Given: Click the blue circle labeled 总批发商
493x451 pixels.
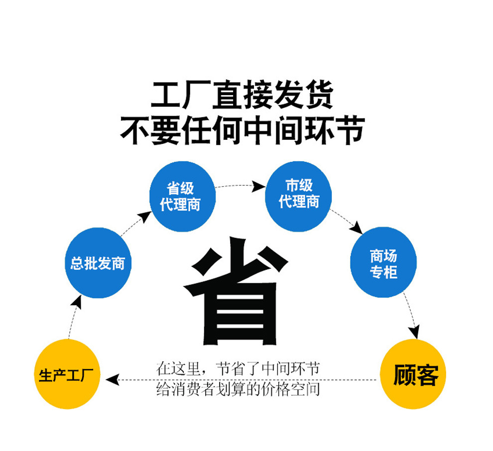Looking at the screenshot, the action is click(98, 262).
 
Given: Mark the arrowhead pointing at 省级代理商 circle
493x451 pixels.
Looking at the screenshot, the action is click(145, 216).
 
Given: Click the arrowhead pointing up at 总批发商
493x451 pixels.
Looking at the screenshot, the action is click(76, 301).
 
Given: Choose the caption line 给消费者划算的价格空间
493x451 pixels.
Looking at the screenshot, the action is click(238, 389).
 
